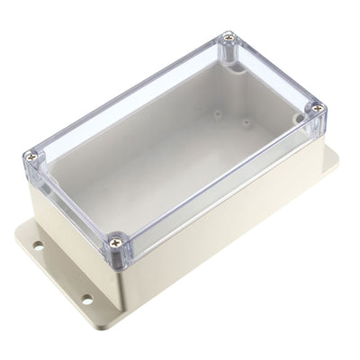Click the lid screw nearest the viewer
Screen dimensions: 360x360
click(115, 240)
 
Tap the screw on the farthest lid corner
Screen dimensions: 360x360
click(229, 37)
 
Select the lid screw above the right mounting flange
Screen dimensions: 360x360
click(316, 108)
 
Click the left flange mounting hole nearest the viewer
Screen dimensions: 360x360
click(87, 298)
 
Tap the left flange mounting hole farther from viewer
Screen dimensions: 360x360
click(40, 243)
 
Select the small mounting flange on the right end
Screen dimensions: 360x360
click(330, 162)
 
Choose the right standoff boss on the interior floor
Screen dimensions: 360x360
click(246, 122)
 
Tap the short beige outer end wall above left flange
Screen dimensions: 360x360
click(67, 225)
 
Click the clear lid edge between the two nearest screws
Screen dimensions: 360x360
click(72, 202)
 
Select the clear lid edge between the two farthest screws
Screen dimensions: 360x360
click(274, 72)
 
